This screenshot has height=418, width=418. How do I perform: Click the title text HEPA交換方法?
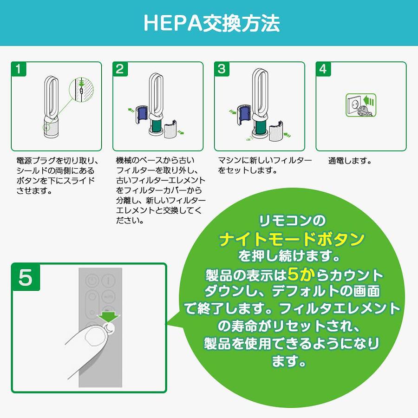[x=212, y=23]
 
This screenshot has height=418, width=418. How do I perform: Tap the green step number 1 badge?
[x=19, y=69]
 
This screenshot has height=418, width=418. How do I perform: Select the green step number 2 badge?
[x=120, y=69]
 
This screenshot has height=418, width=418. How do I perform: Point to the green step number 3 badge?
[x=222, y=69]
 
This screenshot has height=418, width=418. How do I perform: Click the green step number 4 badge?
[x=323, y=69]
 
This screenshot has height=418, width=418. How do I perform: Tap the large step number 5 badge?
[x=26, y=277]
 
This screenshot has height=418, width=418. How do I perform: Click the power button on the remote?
[x=91, y=281]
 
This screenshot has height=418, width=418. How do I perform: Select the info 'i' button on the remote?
[x=109, y=281]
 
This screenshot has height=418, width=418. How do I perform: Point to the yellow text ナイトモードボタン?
[x=292, y=239]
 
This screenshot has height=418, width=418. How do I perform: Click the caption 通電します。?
[x=350, y=161]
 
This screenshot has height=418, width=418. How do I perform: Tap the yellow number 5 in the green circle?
[x=296, y=274]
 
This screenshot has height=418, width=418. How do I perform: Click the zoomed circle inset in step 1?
[x=82, y=89]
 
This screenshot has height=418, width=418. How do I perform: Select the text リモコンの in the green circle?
[x=292, y=221]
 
